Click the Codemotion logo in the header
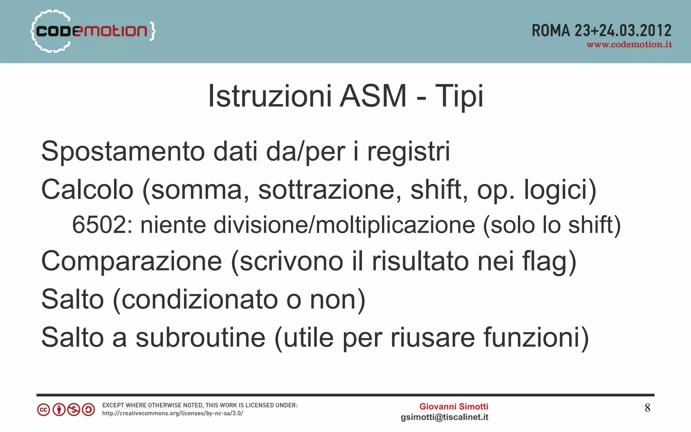(93, 31)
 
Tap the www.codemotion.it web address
(629, 45)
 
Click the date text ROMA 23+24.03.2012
(601, 30)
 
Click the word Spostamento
(123, 151)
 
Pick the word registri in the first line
(408, 151)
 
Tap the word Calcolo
(87, 190)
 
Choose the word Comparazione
(132, 261)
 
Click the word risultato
(420, 261)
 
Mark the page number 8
(647, 408)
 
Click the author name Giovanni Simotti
(453, 406)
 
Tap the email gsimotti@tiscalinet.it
(444, 417)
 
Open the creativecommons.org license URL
(172, 413)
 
